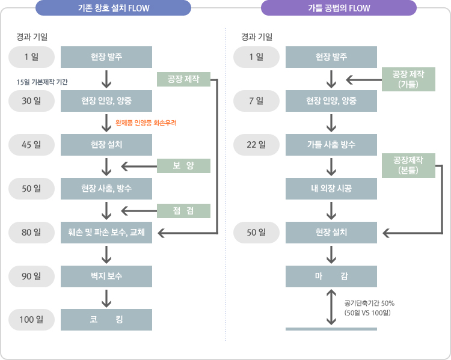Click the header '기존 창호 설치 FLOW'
click(x=114, y=8)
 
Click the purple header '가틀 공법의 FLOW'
click(x=339, y=8)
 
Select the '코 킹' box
click(x=106, y=319)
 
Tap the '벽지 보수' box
click(x=106, y=276)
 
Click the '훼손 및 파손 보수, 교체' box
click(x=106, y=233)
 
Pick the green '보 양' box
click(x=183, y=166)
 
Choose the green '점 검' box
click(x=183, y=210)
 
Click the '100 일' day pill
click(x=31, y=319)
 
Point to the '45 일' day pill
click(x=31, y=144)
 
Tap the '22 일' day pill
click(x=256, y=144)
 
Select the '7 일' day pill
click(x=256, y=100)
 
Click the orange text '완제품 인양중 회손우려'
click(x=146, y=123)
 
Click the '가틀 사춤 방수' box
click(x=331, y=144)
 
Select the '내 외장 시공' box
click(x=331, y=189)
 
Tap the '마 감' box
click(x=331, y=276)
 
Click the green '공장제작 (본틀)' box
click(x=409, y=165)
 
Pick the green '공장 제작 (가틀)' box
click(x=409, y=79)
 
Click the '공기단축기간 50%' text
click(x=369, y=303)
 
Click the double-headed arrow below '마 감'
click(x=331, y=307)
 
